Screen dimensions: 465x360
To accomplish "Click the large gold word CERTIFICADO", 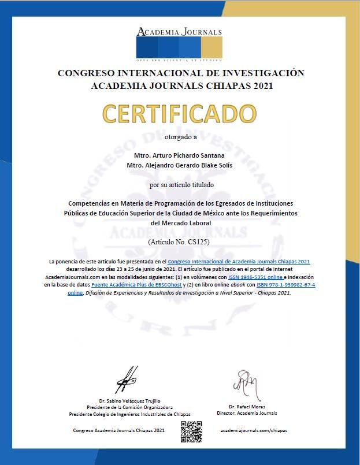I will pyautogui.click(x=179, y=114).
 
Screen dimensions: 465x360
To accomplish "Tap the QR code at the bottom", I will pyautogui.click(x=191, y=431).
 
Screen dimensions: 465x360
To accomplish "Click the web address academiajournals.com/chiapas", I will pyautogui.click(x=254, y=430).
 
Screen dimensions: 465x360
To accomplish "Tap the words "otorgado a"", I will pyautogui.click(x=181, y=137).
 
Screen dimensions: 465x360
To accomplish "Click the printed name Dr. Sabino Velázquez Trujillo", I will pyautogui.click(x=129, y=401).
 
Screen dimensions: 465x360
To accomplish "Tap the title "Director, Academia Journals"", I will pyautogui.click(x=247, y=413).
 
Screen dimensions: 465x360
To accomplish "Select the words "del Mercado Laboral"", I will pyautogui.click(x=180, y=222).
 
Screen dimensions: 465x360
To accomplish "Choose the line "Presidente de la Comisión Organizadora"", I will pyautogui.click(x=129, y=407).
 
